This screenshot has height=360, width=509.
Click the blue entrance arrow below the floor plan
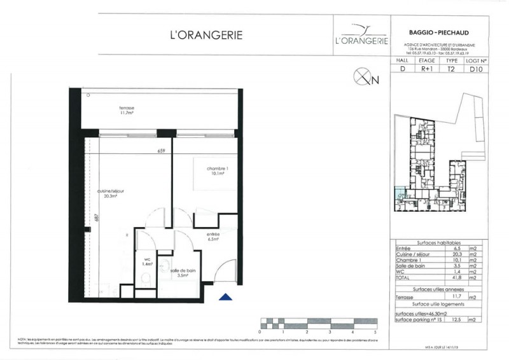click(223, 296)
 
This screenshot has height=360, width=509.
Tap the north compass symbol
click(361, 79)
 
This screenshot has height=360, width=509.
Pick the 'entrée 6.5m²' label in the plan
click(212, 237)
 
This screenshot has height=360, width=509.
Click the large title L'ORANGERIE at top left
click(206, 35)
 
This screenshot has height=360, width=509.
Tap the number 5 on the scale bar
click(376, 332)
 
